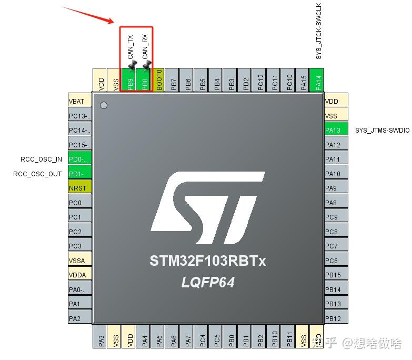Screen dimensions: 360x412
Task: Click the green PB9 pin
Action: [x=129, y=82]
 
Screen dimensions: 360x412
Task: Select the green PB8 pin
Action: [x=143, y=82]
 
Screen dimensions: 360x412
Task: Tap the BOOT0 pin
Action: [x=158, y=82]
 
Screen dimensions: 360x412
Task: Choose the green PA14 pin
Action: [x=316, y=82]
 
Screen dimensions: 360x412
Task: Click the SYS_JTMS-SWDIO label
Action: [x=382, y=131]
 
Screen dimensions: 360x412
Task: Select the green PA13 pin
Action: [x=336, y=130]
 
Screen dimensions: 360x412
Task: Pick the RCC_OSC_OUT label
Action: [x=37, y=174]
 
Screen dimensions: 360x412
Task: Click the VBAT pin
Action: [x=79, y=101]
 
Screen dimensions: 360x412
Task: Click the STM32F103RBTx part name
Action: [x=208, y=261]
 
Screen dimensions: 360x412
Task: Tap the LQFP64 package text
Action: [x=208, y=283]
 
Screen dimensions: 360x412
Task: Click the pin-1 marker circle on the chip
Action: [x=104, y=105]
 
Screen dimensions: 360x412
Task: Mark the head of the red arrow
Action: [x=113, y=22]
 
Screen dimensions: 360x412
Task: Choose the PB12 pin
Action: [x=336, y=318]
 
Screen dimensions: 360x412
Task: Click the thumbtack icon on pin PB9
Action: [x=132, y=65]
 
